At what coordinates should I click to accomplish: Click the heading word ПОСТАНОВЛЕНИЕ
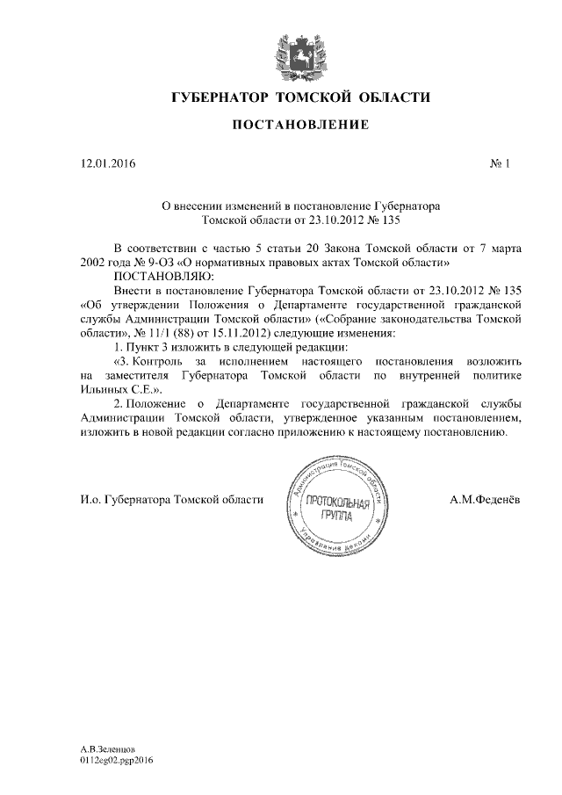point(287,126)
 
